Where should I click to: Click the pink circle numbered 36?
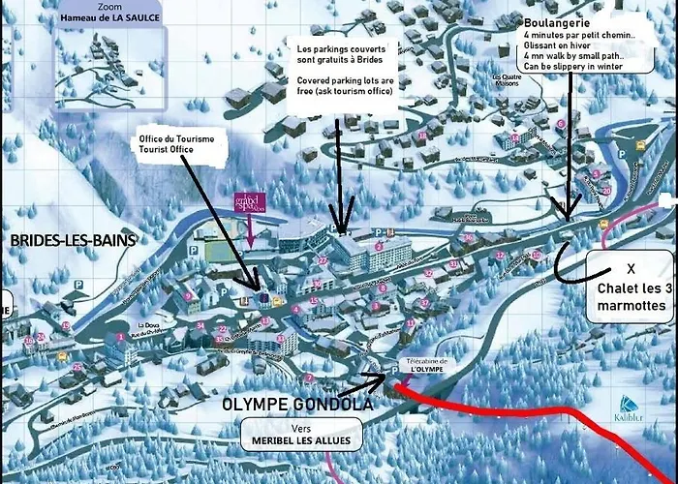[469, 238]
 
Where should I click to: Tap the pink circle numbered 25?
[77, 367]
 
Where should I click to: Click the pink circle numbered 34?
[200, 326]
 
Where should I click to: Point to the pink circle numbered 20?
[605, 191]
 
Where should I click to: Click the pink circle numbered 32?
[500, 255]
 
